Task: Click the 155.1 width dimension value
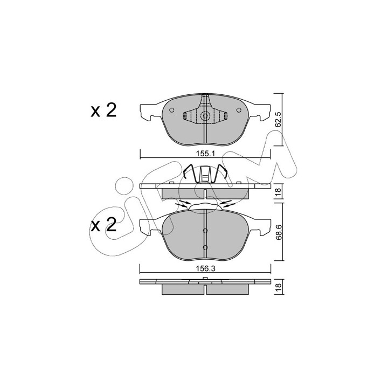[205, 154]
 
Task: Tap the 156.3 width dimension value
[205, 269]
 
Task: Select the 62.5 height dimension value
[278, 120]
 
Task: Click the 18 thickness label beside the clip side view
[278, 191]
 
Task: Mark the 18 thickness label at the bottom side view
[278, 286]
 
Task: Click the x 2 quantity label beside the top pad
[103, 110]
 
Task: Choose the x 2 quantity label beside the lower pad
[103, 225]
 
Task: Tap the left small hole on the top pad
[171, 110]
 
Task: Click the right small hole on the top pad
[239, 110]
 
